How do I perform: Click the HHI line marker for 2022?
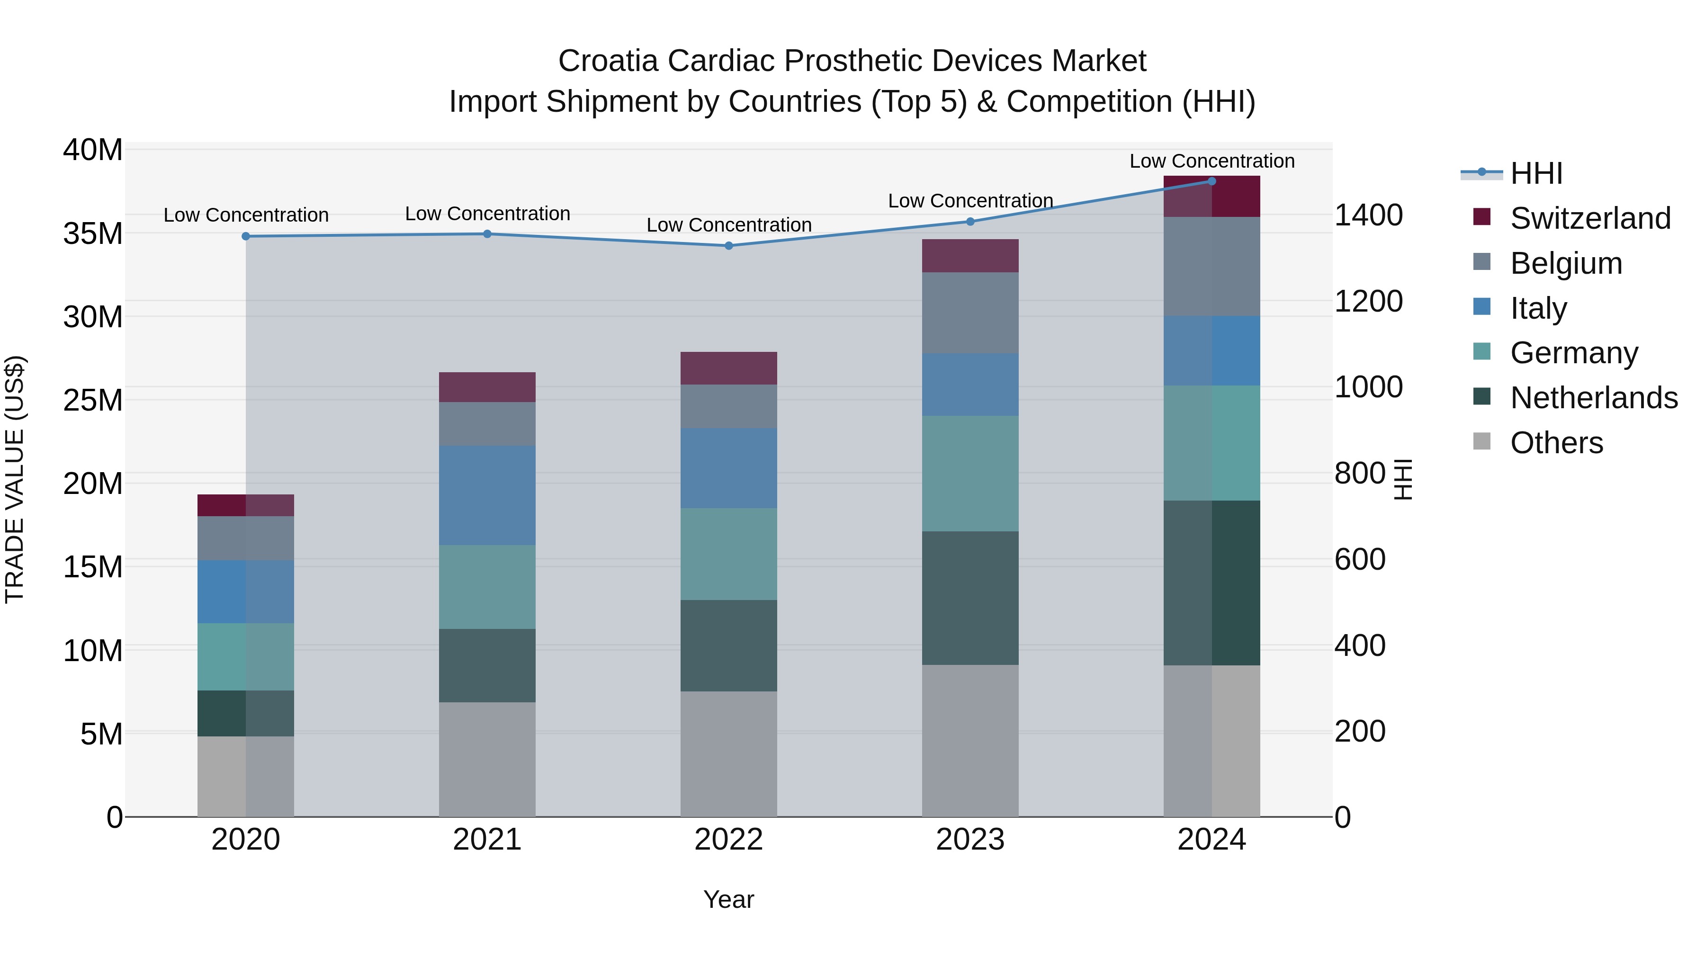click(729, 245)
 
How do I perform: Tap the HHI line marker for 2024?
click(1212, 181)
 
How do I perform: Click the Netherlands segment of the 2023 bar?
click(970, 598)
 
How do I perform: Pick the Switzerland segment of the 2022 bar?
click(729, 368)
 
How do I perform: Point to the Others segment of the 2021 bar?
click(487, 759)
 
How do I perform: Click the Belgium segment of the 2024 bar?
click(1212, 266)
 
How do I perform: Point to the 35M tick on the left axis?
click(93, 233)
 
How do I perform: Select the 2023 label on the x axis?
click(970, 840)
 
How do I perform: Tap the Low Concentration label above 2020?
click(246, 215)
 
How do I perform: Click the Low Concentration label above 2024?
click(1212, 161)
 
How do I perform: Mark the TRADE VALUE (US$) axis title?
click(15, 479)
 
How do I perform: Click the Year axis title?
click(729, 899)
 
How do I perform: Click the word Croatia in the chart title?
click(608, 61)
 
